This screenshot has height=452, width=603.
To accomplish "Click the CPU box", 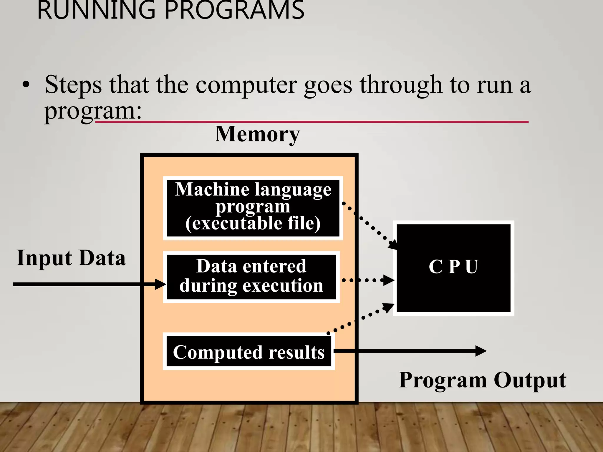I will tap(453, 268).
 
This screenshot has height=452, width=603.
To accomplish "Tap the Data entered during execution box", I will tap(251, 277).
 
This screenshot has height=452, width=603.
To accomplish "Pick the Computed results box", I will tap(249, 352).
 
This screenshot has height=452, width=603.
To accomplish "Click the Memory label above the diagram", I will tap(257, 134).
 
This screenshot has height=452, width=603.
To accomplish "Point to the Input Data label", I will tap(71, 258).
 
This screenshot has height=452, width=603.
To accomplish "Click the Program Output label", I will tap(482, 380).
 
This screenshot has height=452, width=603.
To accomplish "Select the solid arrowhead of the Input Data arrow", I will tap(161, 284).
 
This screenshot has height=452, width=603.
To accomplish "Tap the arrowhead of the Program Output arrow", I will tap(481, 351).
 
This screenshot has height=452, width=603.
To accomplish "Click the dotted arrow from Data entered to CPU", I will tap(368, 280).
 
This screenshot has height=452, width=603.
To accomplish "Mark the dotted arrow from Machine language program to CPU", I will tap(370, 225).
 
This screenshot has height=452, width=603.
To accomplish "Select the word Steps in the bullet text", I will tap(73, 85).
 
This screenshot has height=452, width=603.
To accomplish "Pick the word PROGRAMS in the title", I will tap(234, 11).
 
